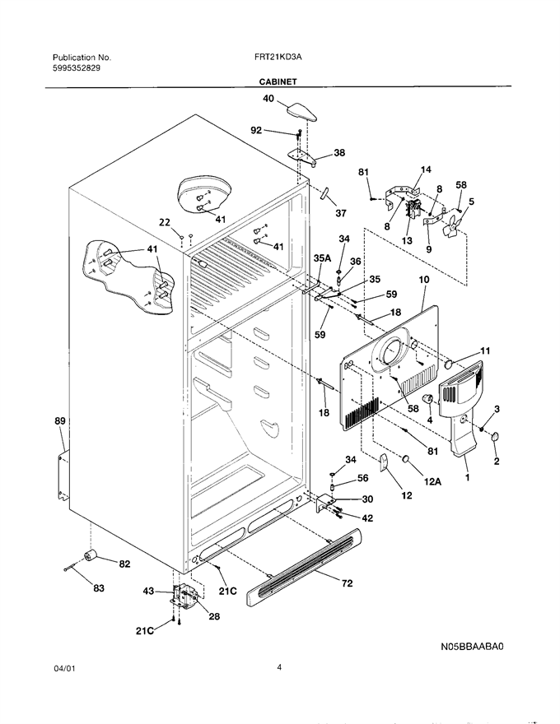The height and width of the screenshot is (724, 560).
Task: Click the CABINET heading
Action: pyautogui.click(x=278, y=81)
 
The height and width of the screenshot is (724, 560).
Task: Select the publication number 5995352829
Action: pyautogui.click(x=77, y=67)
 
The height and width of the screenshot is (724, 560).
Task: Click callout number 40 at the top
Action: pyautogui.click(x=268, y=99)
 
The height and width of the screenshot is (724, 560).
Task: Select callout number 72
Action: pyautogui.click(x=347, y=583)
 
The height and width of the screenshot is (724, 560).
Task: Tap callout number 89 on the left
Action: pyautogui.click(x=60, y=420)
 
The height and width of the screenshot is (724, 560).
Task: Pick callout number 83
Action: pyautogui.click(x=99, y=588)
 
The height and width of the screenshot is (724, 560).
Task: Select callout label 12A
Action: pyautogui.click(x=433, y=481)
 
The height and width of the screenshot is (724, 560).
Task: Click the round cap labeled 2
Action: pyautogui.click(x=495, y=436)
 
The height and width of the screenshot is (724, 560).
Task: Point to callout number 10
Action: pyautogui.click(x=423, y=280)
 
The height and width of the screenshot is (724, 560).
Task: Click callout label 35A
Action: pyautogui.click(x=323, y=258)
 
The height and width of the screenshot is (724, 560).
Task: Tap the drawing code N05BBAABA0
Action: pyautogui.click(x=472, y=647)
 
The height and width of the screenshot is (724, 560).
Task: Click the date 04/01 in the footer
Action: pyautogui.click(x=63, y=668)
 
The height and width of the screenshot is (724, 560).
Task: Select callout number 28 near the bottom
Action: pyautogui.click(x=214, y=616)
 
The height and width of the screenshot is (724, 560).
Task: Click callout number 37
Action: pyautogui.click(x=340, y=213)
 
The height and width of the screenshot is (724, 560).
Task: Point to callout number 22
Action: pyautogui.click(x=165, y=222)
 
